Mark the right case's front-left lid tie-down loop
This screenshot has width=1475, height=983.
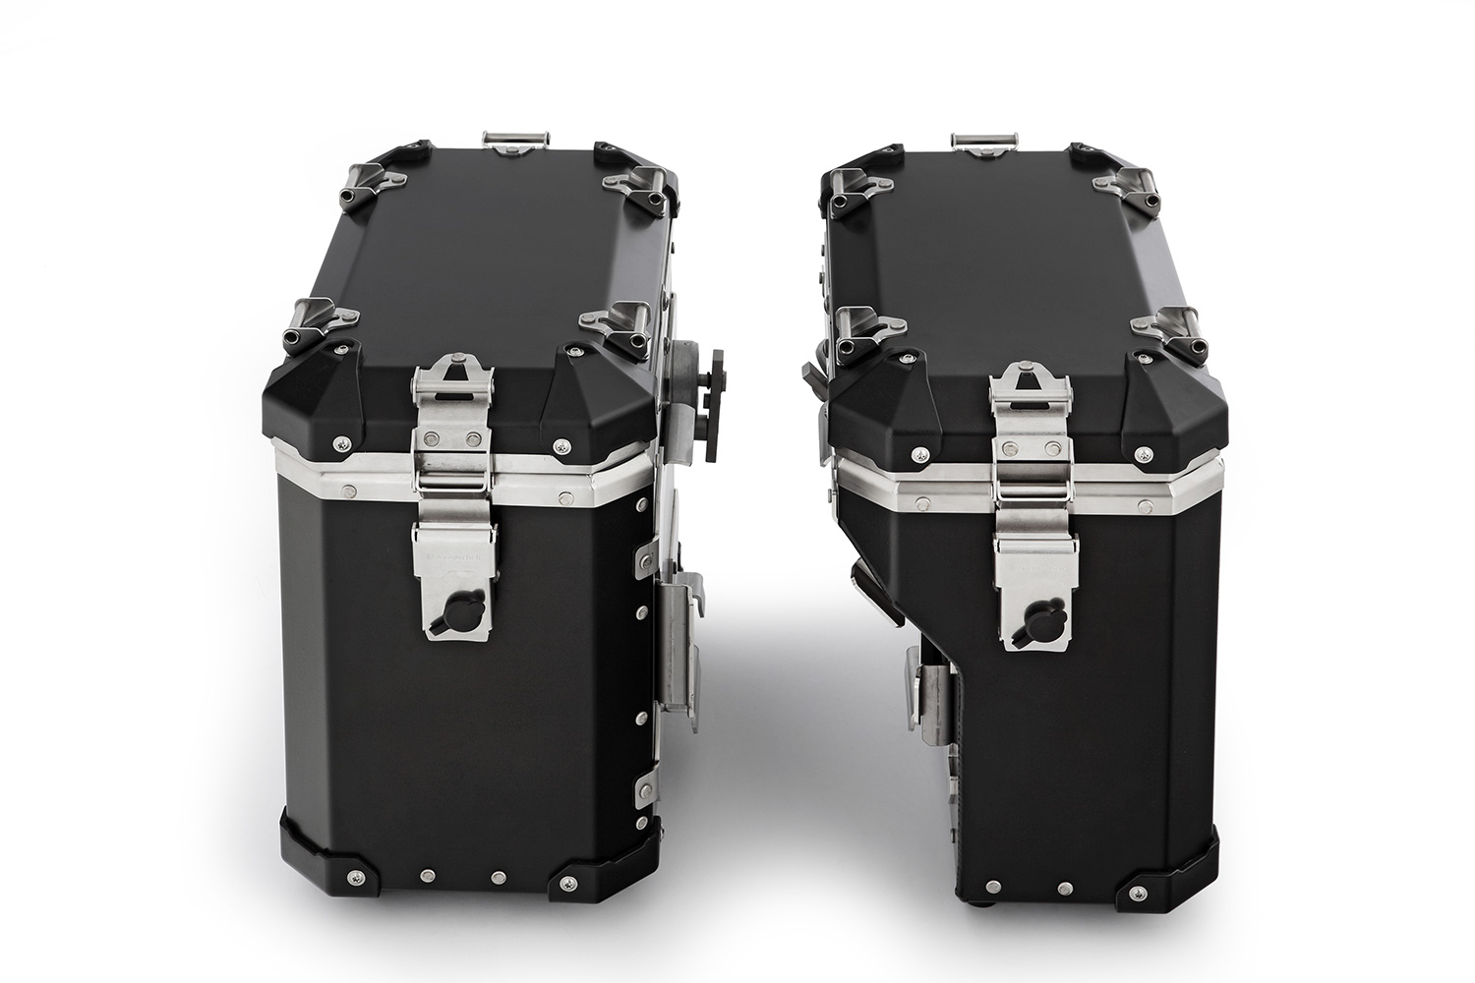(x=864, y=330)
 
